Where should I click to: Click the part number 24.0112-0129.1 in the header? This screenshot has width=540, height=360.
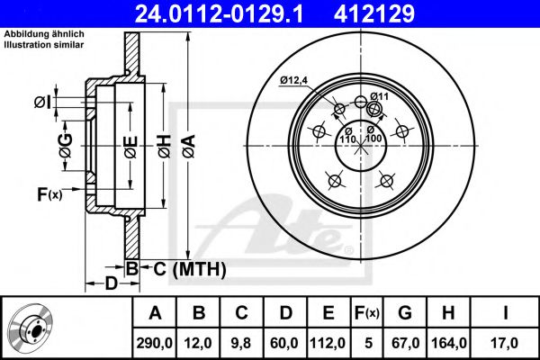point(219,13)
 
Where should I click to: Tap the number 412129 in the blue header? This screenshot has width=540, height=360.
point(374,13)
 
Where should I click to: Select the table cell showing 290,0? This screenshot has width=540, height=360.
point(154,343)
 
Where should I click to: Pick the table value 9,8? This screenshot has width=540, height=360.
point(241,343)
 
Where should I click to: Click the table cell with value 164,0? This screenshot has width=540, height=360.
point(448,343)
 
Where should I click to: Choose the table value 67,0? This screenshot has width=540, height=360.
point(405,343)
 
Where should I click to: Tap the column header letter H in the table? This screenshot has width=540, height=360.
point(448,313)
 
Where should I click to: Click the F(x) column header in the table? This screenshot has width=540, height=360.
point(367,313)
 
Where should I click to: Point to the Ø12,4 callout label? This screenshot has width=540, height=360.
point(293,81)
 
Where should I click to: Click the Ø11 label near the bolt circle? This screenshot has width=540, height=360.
point(379,96)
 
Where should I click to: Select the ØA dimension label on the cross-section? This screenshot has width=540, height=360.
point(189,147)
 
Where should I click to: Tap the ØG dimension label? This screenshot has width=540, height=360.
point(66,146)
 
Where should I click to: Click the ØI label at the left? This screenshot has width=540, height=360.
point(42,103)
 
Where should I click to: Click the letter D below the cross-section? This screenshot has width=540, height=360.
point(111,283)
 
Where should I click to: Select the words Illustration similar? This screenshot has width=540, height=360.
point(44,45)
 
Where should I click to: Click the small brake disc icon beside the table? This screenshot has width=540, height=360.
point(31,326)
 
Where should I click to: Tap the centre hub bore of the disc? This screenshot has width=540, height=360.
point(361,146)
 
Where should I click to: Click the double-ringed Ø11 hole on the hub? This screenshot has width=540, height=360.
point(374,109)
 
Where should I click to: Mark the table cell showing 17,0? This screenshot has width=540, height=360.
point(505,343)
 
